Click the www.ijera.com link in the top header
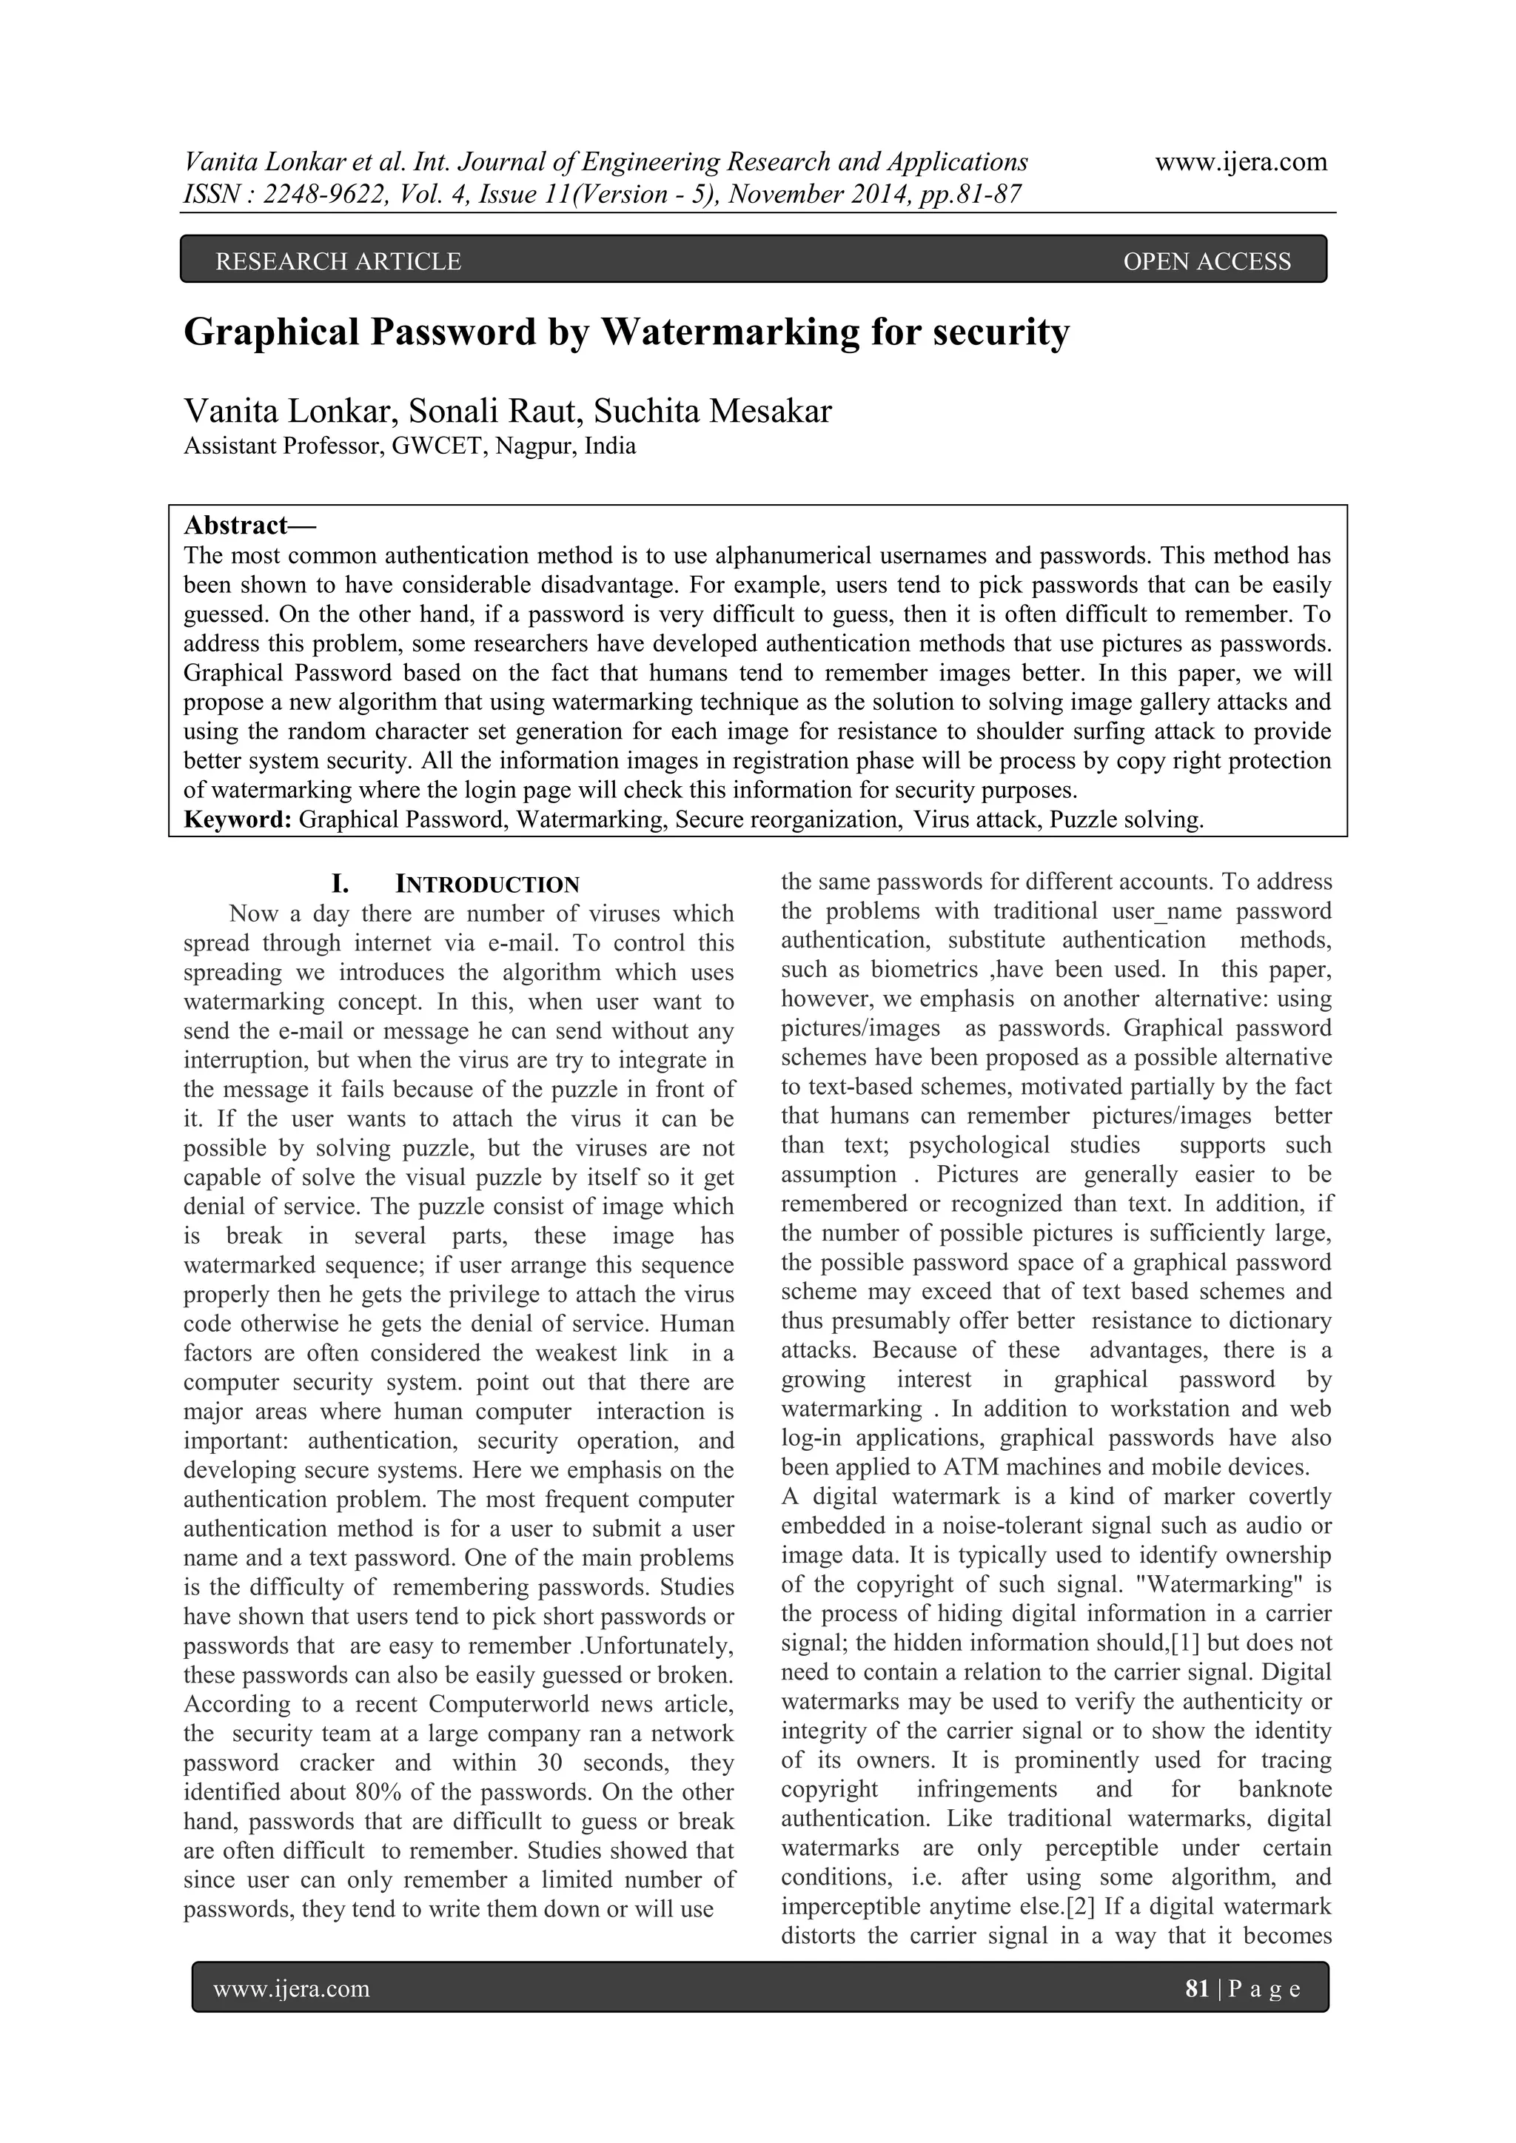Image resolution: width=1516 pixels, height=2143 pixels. click(x=1241, y=162)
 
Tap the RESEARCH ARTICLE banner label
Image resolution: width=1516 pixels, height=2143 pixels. click(x=338, y=261)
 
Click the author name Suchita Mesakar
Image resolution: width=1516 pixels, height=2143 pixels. click(x=712, y=411)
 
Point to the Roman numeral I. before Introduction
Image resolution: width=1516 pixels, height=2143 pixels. click(x=341, y=884)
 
